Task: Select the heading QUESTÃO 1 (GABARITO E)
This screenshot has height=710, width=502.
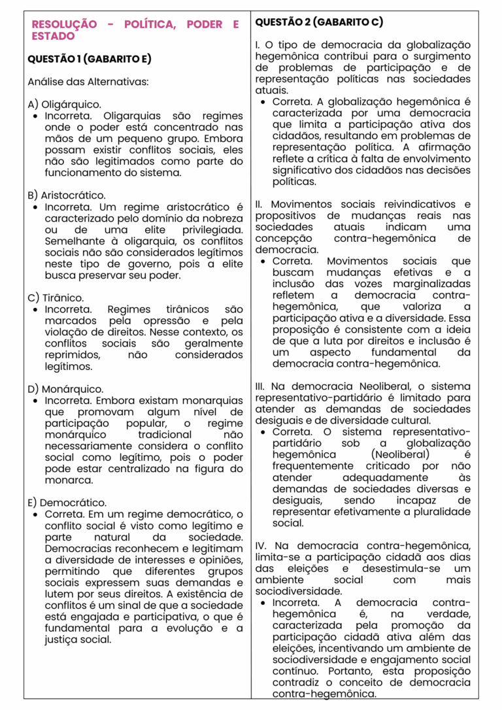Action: click(89, 59)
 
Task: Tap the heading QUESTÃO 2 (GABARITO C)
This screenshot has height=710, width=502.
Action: click(318, 22)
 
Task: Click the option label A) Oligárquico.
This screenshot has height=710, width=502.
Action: click(64, 104)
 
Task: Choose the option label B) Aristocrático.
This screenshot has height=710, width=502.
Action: click(67, 195)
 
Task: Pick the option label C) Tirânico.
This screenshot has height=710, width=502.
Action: click(56, 297)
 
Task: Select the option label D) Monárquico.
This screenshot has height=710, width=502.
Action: click(65, 389)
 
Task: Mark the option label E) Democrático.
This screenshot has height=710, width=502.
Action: click(67, 503)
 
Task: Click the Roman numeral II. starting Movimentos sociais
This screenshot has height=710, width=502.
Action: click(259, 205)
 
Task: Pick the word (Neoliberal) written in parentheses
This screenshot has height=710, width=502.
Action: click(400, 454)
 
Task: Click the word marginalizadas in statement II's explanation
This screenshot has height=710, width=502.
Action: click(434, 284)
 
